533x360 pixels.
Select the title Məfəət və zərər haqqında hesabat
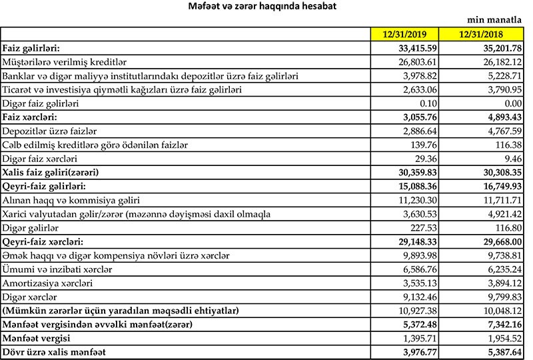tap(266, 7)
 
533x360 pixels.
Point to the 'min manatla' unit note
tap(500, 21)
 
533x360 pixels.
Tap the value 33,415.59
tap(415, 48)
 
